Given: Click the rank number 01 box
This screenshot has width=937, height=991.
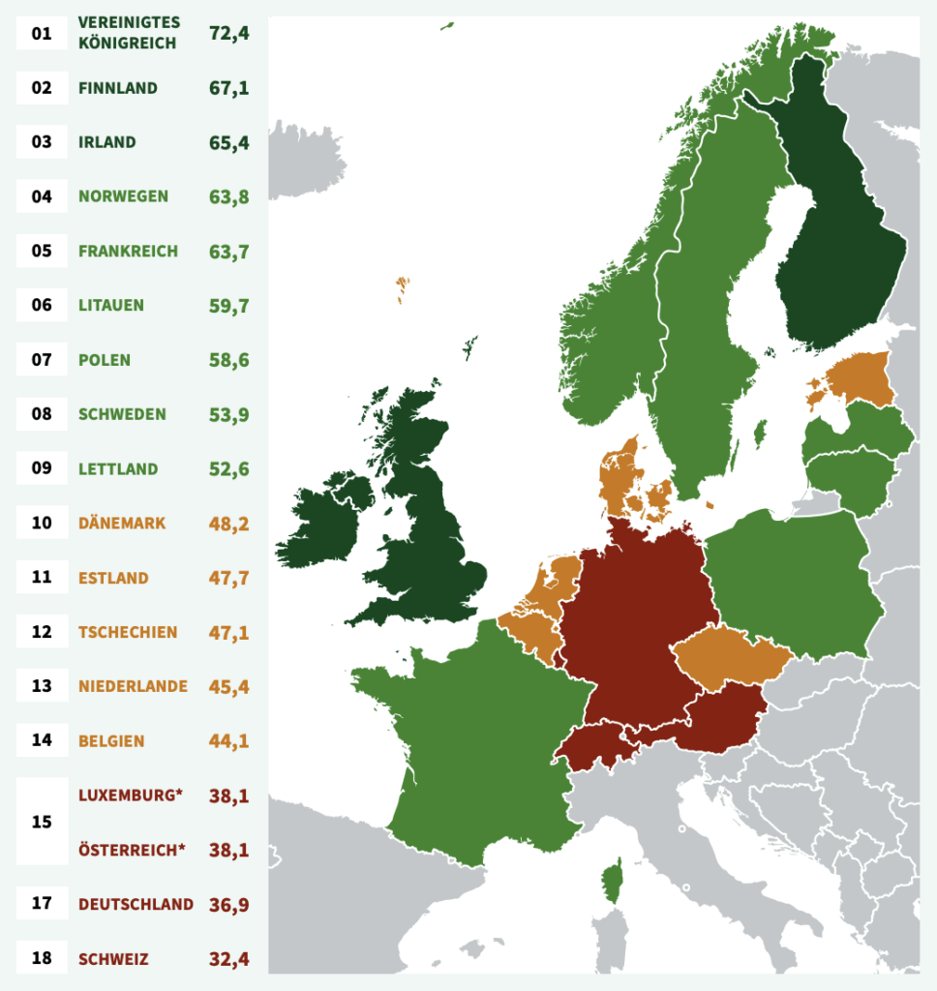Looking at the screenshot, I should tap(41, 33).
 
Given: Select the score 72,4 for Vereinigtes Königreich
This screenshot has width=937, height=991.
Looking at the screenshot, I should tap(229, 33).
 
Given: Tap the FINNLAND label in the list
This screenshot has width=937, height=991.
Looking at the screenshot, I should tap(118, 88).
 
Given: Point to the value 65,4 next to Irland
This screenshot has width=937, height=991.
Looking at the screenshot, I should tap(229, 142).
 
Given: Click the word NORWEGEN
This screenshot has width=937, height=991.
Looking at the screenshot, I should tap(123, 196).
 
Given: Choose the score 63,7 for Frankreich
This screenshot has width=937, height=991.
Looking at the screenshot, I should tap(229, 252).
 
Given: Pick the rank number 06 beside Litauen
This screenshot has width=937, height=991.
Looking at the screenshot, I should tap(41, 306).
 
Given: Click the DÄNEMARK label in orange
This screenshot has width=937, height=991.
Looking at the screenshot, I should tap(123, 524).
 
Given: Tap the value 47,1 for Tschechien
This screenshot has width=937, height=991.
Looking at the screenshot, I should tap(229, 632).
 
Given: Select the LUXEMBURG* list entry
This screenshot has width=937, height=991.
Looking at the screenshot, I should tap(131, 796).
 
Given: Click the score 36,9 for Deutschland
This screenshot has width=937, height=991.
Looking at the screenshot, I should tap(229, 905).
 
